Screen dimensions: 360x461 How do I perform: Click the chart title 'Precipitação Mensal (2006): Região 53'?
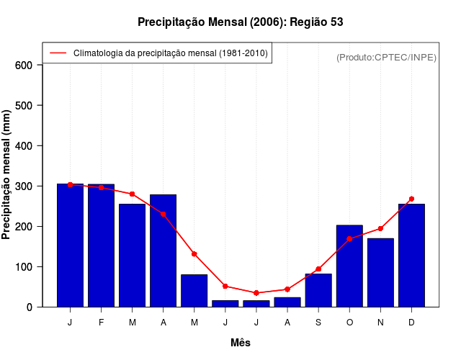[x=240, y=22]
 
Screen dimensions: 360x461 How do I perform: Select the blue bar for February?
[x=101, y=245]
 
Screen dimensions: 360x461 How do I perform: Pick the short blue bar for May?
[x=194, y=290]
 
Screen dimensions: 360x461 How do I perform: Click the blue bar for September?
[x=318, y=290]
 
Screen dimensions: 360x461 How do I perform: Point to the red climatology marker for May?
[x=194, y=253]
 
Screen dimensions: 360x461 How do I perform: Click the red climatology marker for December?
[x=411, y=199]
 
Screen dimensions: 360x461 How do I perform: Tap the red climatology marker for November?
[x=380, y=228]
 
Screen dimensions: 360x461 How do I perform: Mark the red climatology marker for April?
[x=164, y=214]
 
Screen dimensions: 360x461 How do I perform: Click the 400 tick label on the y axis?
[x=24, y=145]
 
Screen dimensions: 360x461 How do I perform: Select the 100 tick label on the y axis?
[x=24, y=266]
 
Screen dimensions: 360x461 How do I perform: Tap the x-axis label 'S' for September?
[x=318, y=323]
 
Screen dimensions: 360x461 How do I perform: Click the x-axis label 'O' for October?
[x=349, y=323]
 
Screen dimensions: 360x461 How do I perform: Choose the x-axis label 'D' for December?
[x=411, y=323]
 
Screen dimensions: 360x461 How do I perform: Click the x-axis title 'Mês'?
[x=240, y=343]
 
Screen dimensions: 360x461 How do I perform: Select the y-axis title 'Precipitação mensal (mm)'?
[x=7, y=175]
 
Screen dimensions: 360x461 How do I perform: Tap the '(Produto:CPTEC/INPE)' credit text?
[x=386, y=58]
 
